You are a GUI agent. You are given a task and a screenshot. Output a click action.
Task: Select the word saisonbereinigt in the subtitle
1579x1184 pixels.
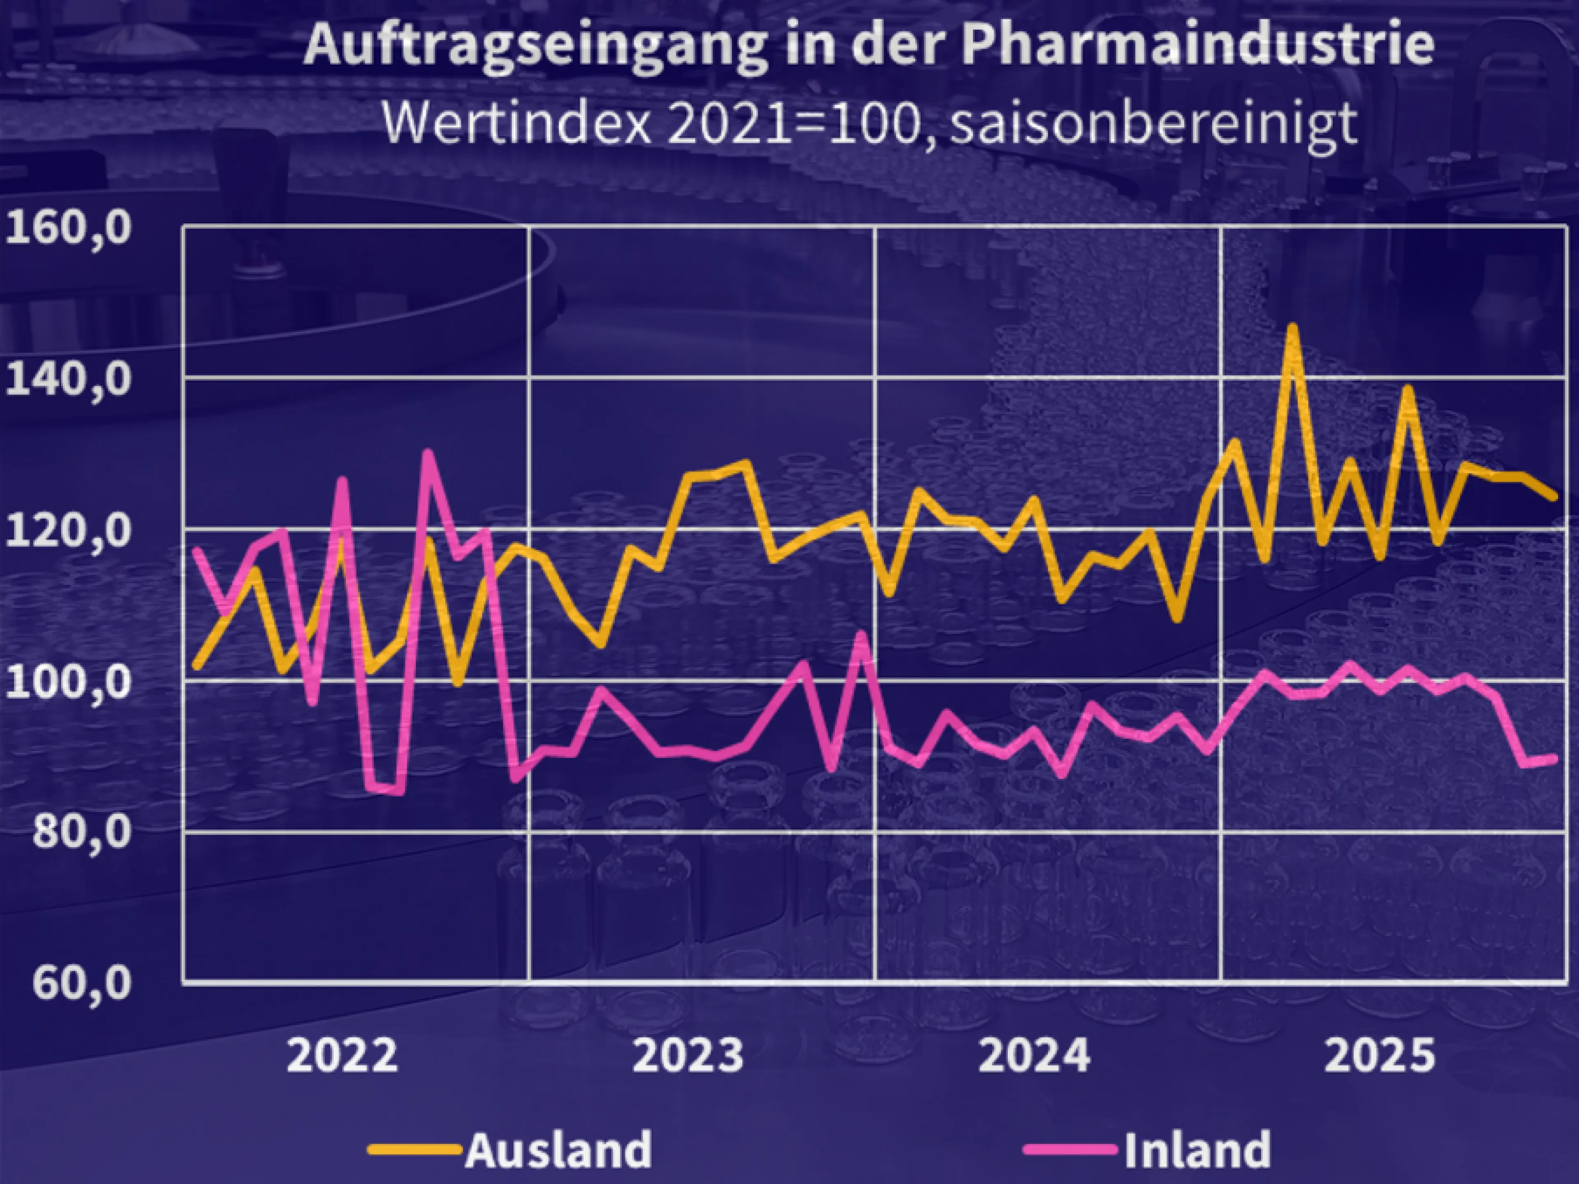[1154, 123]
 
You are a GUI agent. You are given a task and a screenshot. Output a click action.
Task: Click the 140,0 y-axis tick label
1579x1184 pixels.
[69, 380]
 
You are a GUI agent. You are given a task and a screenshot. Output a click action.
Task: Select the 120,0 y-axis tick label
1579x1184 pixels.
[69, 532]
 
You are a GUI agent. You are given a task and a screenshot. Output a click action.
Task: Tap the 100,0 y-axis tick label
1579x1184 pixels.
[69, 683]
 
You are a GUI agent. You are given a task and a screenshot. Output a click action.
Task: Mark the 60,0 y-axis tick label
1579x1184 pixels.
[82, 983]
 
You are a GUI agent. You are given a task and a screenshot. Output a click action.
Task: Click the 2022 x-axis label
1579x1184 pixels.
[342, 1057]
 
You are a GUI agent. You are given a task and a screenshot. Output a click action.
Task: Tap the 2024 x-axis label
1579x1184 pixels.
[1034, 1057]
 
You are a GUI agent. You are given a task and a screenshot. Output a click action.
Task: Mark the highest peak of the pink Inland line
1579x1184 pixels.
[427, 453]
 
